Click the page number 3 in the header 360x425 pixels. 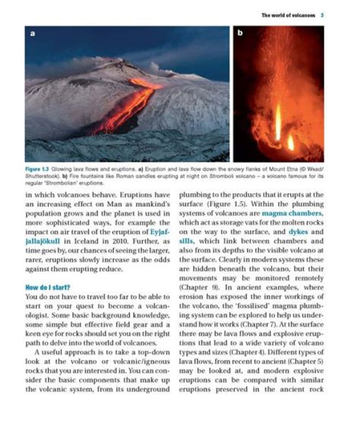pos(324,14)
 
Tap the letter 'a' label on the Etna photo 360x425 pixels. pos(33,35)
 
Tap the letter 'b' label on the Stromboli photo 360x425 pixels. pos(241,35)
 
